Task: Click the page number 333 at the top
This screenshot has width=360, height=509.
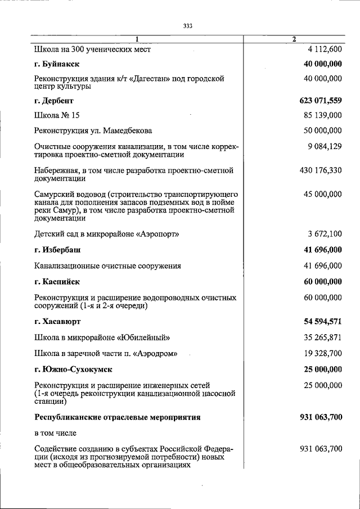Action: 188,26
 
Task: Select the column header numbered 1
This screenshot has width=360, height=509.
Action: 136,39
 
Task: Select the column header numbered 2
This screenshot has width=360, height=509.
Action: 294,39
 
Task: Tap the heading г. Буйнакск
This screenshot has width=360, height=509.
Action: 57,65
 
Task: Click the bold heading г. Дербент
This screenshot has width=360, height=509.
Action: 54,101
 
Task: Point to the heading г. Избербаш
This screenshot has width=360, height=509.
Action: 59,250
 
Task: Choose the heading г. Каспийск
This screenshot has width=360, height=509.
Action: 57,282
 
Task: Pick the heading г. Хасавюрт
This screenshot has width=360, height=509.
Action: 58,322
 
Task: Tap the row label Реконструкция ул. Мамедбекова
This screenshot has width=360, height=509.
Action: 93,132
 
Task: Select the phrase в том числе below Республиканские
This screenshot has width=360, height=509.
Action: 55,433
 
